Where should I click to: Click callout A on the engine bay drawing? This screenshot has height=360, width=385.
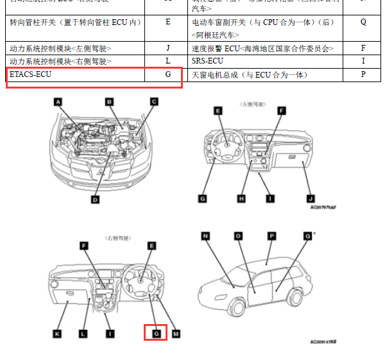pyautogui.click(x=58, y=101)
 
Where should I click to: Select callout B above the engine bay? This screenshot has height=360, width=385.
pyautogui.click(x=110, y=101)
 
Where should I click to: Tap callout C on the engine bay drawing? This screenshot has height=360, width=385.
pyautogui.click(x=154, y=101)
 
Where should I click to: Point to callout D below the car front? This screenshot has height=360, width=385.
pyautogui.click(x=95, y=200)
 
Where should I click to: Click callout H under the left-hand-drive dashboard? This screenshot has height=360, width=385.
pyautogui.click(x=242, y=199)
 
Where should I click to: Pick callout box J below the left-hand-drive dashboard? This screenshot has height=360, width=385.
pyautogui.click(x=310, y=199)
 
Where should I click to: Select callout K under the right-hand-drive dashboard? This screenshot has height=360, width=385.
pyautogui.click(x=57, y=334)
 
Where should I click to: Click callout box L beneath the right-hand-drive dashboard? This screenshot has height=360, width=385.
pyautogui.click(x=83, y=334)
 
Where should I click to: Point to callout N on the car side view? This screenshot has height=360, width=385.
pyautogui.click(x=206, y=236)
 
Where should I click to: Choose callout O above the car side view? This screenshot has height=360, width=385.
pyautogui.click(x=238, y=236)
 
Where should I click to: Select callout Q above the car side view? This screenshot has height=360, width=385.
pyautogui.click(x=307, y=236)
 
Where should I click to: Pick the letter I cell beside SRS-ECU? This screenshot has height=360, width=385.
pyautogui.click(x=363, y=61)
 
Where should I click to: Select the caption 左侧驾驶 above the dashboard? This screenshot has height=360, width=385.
pyautogui.click(x=252, y=103)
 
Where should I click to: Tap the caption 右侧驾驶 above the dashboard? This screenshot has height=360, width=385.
pyautogui.click(x=117, y=238)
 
